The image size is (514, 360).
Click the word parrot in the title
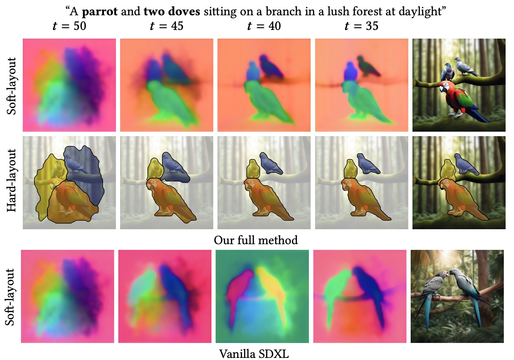click(x=100, y=12)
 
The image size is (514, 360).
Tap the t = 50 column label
click(x=69, y=26)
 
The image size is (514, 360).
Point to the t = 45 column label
click(x=167, y=26)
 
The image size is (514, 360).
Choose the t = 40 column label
click(x=264, y=26)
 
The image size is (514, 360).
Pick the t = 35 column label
click(x=362, y=26)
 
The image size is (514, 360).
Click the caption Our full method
click(x=256, y=240)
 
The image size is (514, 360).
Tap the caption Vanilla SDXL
click(x=254, y=354)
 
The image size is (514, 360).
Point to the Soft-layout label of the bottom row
click(x=10, y=297)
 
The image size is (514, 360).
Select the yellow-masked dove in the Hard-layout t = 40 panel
click(x=253, y=169)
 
